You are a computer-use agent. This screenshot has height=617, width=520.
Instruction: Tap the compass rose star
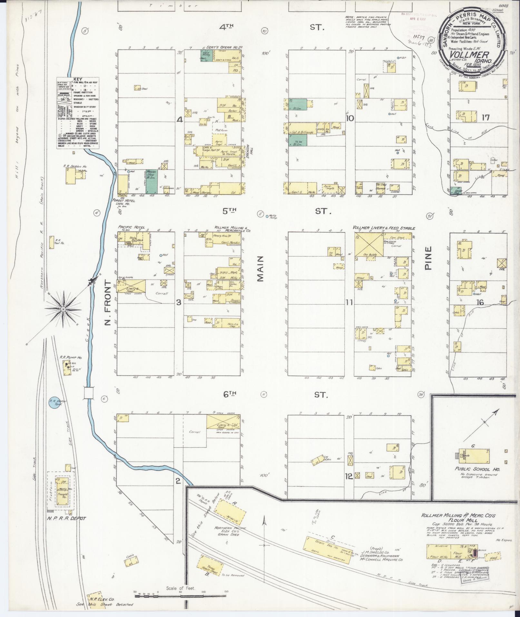64,309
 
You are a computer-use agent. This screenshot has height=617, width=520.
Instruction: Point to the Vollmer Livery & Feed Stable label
384,228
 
